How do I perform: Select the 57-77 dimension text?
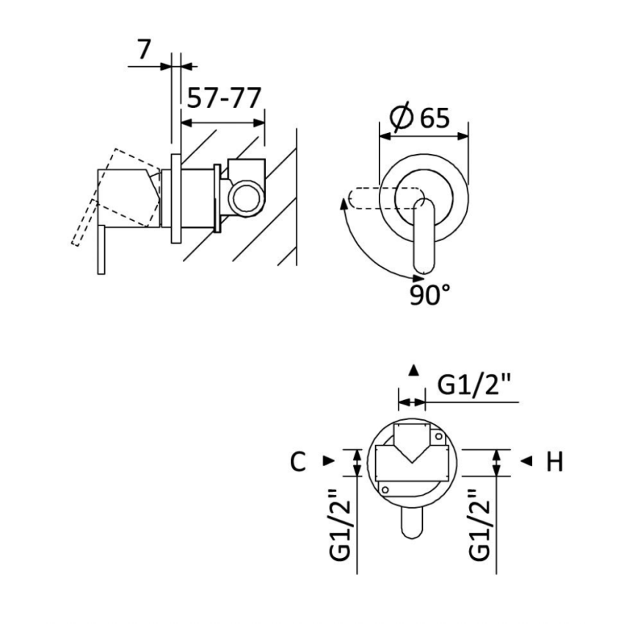point(222,98)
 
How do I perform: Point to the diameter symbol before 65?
point(402,117)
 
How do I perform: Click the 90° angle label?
point(430,294)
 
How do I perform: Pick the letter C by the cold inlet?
point(297,462)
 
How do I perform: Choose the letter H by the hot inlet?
point(554,462)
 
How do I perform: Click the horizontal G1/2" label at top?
point(474,385)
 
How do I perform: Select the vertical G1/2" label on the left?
point(338,526)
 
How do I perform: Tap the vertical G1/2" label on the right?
point(479,526)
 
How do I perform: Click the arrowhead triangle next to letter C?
point(328,461)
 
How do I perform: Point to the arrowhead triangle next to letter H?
point(525,461)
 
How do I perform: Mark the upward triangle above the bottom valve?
point(414,370)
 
